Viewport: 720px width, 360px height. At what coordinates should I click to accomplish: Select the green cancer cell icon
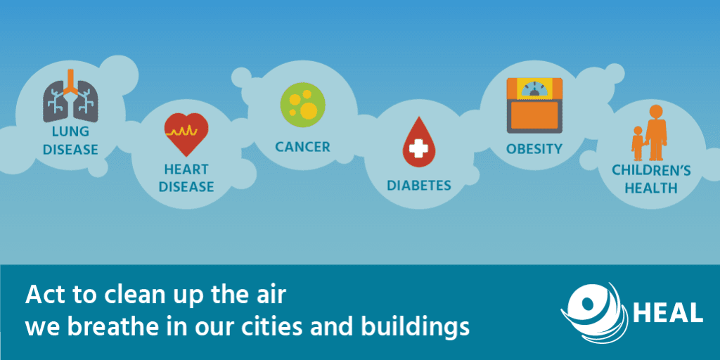click(302, 105)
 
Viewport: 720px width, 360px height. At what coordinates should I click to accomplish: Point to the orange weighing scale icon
click(536, 105)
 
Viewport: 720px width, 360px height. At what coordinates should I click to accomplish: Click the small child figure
click(638, 143)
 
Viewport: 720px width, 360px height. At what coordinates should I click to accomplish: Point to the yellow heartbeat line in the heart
click(186, 131)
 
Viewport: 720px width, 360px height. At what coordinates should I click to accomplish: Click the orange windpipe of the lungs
click(69, 82)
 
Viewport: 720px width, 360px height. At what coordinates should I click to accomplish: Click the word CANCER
click(302, 147)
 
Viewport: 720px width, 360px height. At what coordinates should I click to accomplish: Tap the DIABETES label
click(419, 186)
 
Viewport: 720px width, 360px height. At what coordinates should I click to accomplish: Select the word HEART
click(186, 169)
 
